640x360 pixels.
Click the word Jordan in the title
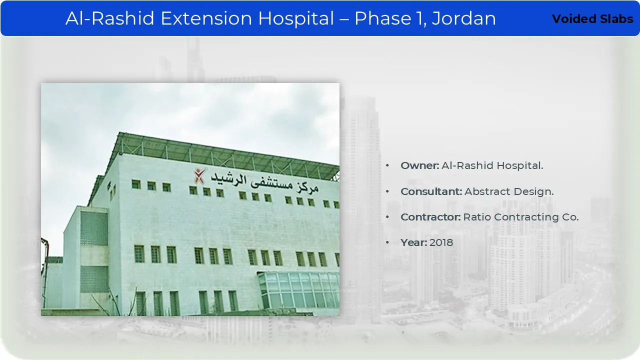coord(463,18)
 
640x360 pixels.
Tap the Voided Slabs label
coord(592,19)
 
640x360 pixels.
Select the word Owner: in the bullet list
coord(419,165)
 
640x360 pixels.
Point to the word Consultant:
coord(431,191)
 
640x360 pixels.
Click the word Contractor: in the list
coord(430,217)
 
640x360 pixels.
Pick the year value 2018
coord(441,242)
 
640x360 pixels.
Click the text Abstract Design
coord(509,191)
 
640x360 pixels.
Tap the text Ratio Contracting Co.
coord(521,217)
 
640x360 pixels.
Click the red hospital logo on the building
coord(199,175)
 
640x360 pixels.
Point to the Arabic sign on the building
coord(264,182)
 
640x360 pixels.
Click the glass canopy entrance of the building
coord(298,290)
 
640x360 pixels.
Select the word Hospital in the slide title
coord(296,19)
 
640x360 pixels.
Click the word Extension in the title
coord(206,18)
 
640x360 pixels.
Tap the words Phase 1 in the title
coord(389,18)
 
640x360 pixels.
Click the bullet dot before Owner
coord(387,165)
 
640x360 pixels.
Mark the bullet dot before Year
coord(387,243)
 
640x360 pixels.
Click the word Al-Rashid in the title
coord(110,18)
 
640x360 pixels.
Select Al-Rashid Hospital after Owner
coord(492,165)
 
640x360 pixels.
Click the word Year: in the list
coord(413,242)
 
